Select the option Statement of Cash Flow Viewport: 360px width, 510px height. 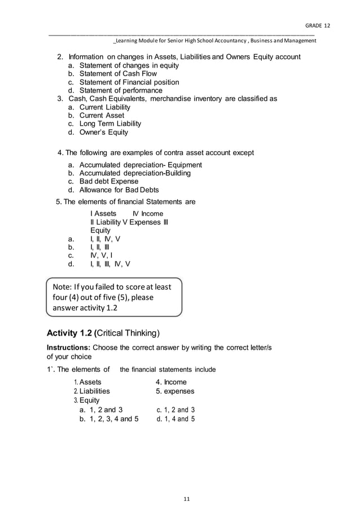[x=117, y=74]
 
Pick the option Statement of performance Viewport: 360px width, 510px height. [x=120, y=90]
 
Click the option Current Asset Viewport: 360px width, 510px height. [x=102, y=116]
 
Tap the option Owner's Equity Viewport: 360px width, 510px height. [x=103, y=132]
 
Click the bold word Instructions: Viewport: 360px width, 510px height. [x=68, y=347]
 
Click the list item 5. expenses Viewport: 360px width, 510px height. [x=175, y=391]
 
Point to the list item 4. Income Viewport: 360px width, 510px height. [x=171, y=382]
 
